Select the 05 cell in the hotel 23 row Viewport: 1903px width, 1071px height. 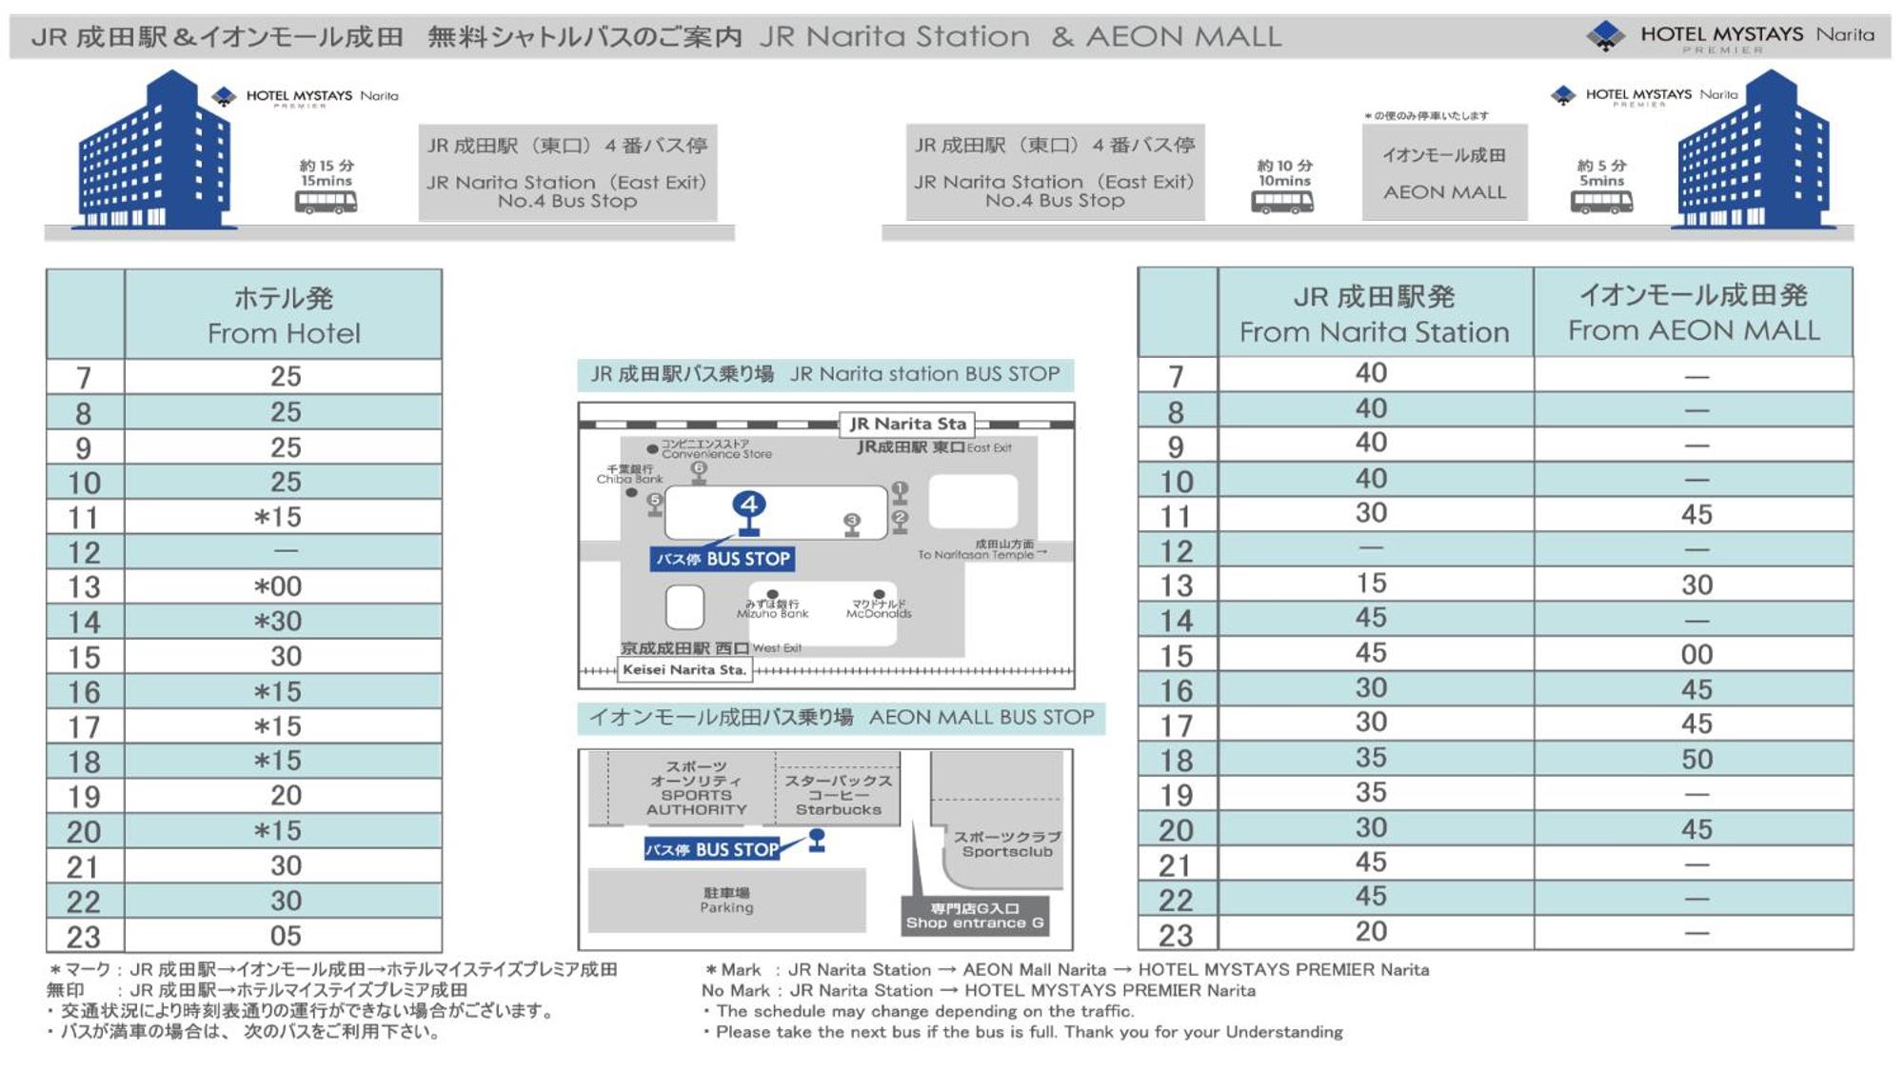(x=285, y=936)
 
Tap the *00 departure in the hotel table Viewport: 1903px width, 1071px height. (x=278, y=586)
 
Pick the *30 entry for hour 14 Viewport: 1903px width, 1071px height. (x=278, y=622)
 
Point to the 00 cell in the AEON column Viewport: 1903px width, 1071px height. (x=1696, y=655)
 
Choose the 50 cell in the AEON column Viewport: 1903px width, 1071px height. (x=1696, y=760)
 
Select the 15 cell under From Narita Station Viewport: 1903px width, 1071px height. (x=1371, y=584)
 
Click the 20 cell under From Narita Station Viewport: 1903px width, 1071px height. (x=1371, y=932)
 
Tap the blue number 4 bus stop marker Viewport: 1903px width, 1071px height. (x=749, y=505)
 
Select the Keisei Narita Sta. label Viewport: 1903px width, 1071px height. (x=684, y=670)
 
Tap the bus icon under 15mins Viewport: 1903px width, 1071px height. (x=326, y=203)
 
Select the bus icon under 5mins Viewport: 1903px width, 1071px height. (x=1601, y=203)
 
